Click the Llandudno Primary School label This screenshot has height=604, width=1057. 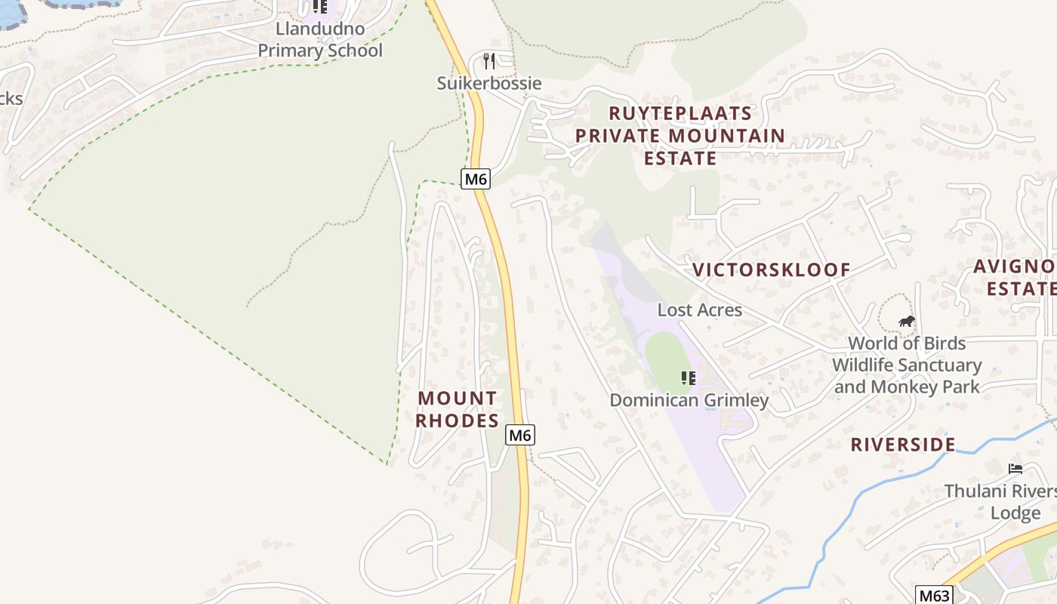(x=320, y=40)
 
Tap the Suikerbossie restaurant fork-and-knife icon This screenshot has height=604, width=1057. (x=489, y=61)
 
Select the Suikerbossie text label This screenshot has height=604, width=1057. (x=489, y=83)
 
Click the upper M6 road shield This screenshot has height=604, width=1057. (x=476, y=179)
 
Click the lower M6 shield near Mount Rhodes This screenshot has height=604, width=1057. (x=520, y=435)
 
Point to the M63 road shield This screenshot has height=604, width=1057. (x=934, y=595)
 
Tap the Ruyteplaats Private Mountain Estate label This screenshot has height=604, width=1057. (x=679, y=136)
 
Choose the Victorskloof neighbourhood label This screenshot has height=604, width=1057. (x=772, y=270)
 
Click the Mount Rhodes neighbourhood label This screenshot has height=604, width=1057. (x=458, y=409)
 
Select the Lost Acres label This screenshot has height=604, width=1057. (x=700, y=310)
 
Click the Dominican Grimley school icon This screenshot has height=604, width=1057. (x=688, y=377)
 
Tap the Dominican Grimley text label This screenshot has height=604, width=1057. (x=689, y=400)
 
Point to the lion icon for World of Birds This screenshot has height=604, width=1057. (x=906, y=322)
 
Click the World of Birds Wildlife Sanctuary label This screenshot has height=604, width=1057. (x=906, y=365)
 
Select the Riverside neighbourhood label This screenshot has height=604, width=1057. (x=903, y=444)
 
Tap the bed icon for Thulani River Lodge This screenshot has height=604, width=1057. (x=1015, y=469)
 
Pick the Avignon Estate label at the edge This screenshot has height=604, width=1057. (x=1015, y=277)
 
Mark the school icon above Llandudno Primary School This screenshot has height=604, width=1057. (x=320, y=7)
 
